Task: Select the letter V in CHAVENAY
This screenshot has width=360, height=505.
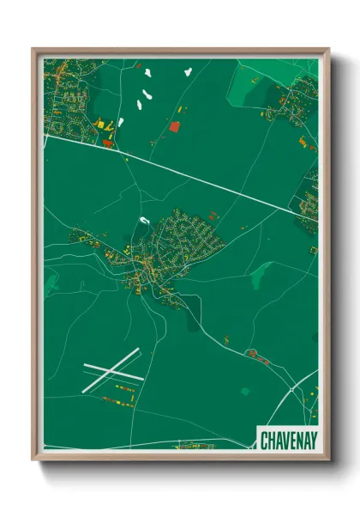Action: [x=285, y=438]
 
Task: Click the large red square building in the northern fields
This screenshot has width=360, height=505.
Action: [x=175, y=127]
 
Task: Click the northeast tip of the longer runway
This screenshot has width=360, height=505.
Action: [x=138, y=350]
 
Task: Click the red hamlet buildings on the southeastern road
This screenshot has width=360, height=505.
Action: [x=254, y=353]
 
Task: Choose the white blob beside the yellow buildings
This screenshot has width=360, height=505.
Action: [x=121, y=122]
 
